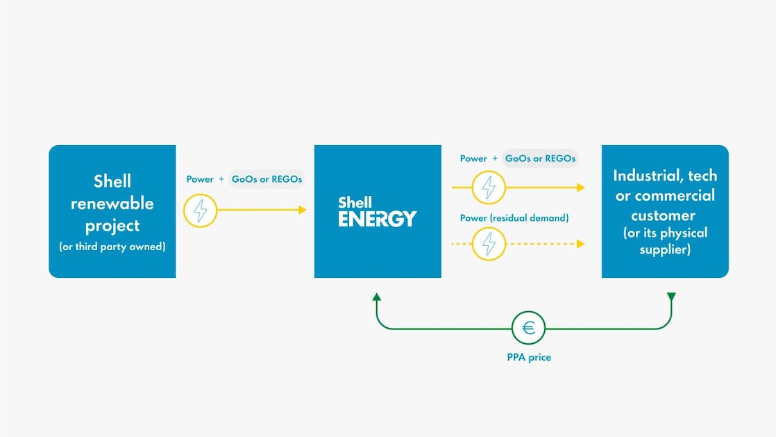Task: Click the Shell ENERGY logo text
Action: pos(377,211)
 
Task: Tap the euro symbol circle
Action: pos(529,327)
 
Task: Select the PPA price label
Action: pos(529,357)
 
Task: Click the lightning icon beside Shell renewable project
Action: pos(201,210)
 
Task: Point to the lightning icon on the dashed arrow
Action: pos(489,244)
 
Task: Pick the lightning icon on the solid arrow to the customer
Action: pos(489,188)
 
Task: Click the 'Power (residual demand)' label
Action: pos(514,218)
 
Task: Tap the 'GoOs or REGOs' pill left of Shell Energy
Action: pos(267,179)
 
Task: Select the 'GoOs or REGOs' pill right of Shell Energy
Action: pos(540,158)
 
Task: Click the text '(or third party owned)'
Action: pos(112,247)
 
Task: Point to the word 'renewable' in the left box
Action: pos(112,204)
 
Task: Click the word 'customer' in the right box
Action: pos(664,215)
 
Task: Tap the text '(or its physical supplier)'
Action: pos(665,240)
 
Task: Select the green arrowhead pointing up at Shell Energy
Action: pos(377,297)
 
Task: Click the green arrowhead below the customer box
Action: pos(671,297)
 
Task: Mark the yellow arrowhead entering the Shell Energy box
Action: pos(303,210)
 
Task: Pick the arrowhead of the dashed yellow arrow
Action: pos(580,244)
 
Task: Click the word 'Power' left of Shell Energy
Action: pos(200,179)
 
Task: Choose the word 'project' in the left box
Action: pos(112,226)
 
